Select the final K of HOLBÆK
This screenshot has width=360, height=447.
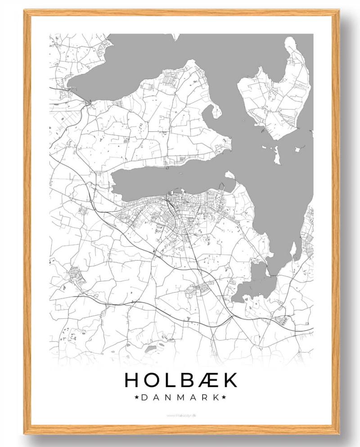coord(229,380)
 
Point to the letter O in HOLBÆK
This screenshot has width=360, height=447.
coord(154,380)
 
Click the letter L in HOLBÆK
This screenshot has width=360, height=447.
coord(171,380)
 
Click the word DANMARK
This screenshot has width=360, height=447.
coord(180,397)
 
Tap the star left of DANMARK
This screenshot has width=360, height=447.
coord(136,397)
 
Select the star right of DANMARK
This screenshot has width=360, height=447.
coord(224,397)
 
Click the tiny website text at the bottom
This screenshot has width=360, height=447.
coord(180,415)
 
